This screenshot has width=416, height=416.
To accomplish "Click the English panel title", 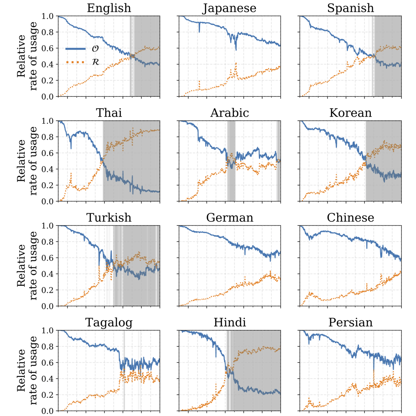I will tap(109, 8).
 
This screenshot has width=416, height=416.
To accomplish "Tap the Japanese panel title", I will tap(229, 8).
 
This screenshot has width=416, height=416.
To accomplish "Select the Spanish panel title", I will tap(350, 8).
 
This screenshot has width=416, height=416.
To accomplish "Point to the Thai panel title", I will tap(109, 113).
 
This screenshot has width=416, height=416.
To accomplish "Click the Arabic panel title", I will tap(229, 113).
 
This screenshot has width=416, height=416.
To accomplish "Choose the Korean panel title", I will tap(350, 113).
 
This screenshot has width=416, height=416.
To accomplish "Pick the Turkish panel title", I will tap(109, 218).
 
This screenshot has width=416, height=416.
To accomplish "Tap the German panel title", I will tap(229, 218).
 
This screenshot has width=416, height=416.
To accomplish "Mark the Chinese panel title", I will tap(350, 218).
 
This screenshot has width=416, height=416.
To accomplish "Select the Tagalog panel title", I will tap(109, 322).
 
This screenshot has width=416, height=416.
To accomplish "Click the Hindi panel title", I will tap(229, 322).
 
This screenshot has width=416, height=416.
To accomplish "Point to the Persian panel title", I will tap(350, 322).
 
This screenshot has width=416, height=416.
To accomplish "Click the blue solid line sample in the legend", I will tap(75, 49).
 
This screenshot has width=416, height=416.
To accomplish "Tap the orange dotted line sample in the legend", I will tap(75, 62).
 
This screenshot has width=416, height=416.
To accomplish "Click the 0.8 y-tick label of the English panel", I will tap(47, 32).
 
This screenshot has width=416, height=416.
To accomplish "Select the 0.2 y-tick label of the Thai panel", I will tap(47, 185).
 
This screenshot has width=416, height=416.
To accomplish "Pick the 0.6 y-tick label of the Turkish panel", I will tap(47, 258).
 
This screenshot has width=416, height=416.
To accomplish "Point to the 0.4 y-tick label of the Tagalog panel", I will tap(47, 379).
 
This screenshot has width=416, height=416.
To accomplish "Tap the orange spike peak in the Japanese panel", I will tap(236, 63).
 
